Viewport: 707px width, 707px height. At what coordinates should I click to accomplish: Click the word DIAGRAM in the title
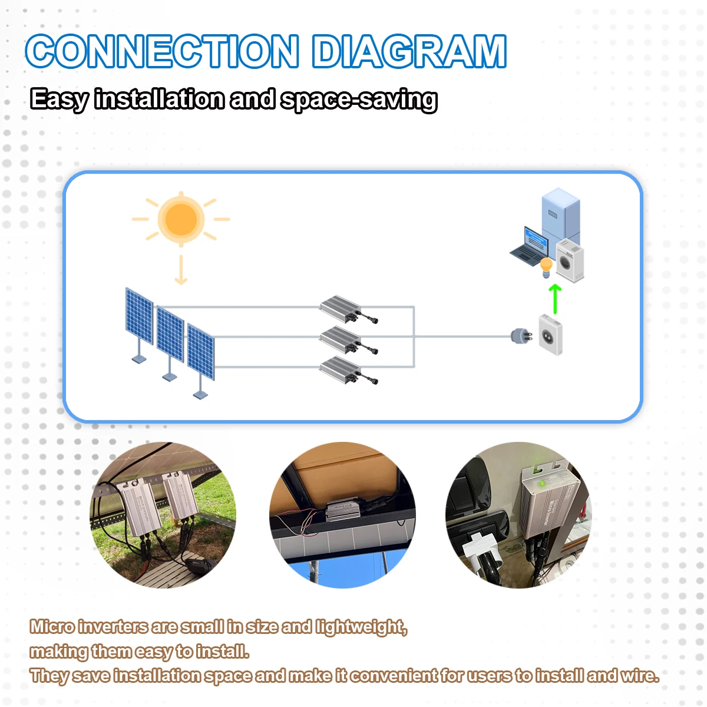[x=409, y=51]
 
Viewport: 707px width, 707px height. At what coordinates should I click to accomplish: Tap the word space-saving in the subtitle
[x=359, y=100]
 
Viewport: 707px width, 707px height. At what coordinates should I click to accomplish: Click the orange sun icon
[x=181, y=219]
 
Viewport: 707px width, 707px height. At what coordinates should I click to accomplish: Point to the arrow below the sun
[x=181, y=270]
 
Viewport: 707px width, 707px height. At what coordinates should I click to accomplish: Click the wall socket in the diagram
[x=550, y=335]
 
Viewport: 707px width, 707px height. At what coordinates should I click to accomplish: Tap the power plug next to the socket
[x=521, y=336]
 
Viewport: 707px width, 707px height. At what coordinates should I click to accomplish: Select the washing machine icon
[x=570, y=261]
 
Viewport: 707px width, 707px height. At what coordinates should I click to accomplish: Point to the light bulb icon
[x=546, y=267]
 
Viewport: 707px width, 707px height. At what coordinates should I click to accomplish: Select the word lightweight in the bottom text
[x=361, y=627]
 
